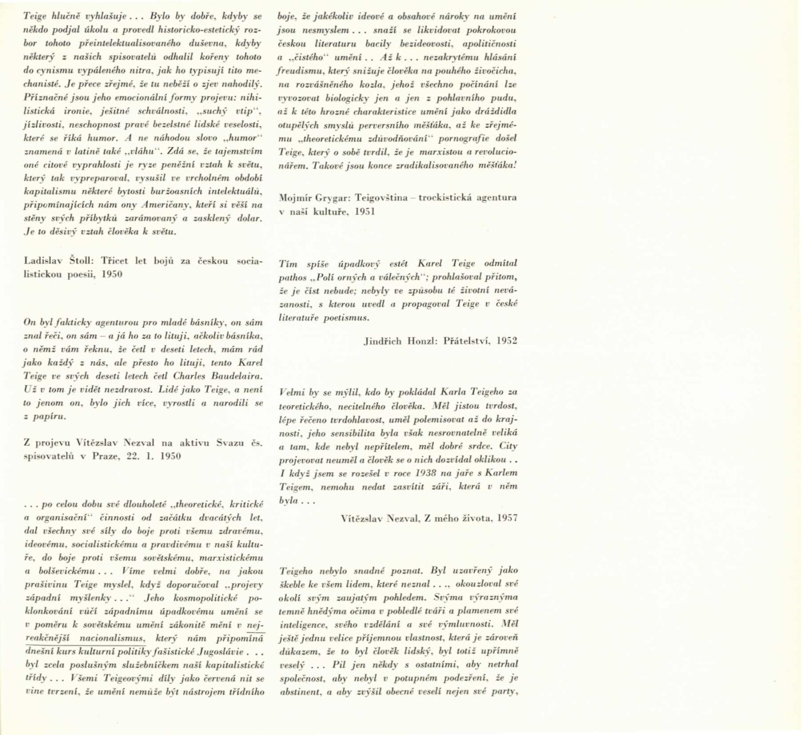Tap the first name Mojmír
294,197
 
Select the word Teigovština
384,197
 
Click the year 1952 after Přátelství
507,341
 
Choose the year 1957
507,518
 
